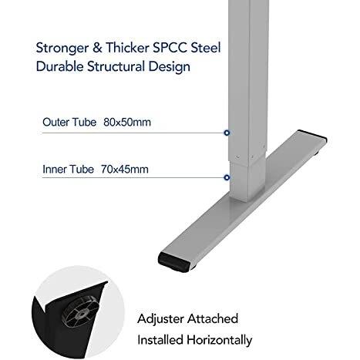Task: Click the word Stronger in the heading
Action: click(62, 49)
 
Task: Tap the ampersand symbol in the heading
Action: click(97, 48)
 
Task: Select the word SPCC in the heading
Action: click(170, 48)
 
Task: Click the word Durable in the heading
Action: click(59, 66)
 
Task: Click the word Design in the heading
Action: click(170, 67)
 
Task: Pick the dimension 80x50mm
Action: click(127, 122)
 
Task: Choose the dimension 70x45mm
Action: click(125, 170)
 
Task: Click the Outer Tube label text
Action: click(69, 122)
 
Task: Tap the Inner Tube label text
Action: click(68, 170)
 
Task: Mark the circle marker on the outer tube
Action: click(227, 133)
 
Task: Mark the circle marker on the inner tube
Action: click(227, 177)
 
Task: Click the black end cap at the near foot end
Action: click(175, 262)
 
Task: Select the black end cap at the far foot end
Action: click(312, 136)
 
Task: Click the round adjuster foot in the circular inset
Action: click(80, 311)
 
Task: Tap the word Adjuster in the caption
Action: click(160, 319)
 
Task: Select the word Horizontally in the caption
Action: click(219, 340)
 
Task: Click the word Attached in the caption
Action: click(213, 318)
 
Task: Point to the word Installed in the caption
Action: click(160, 340)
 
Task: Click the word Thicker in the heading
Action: click(127, 48)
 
